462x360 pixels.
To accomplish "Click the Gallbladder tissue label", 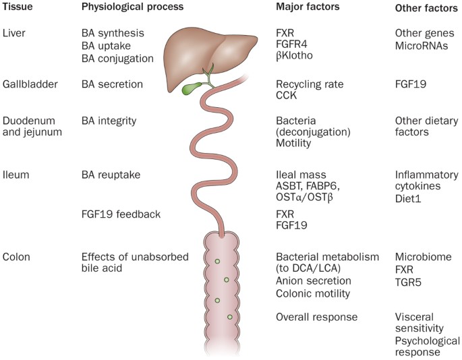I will [28, 84].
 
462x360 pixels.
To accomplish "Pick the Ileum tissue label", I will [16, 175].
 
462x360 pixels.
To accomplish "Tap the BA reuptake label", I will [111, 175].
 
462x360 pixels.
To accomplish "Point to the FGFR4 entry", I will [293, 45].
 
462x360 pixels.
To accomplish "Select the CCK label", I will [287, 97].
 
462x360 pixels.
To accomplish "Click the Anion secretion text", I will [313, 280].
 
